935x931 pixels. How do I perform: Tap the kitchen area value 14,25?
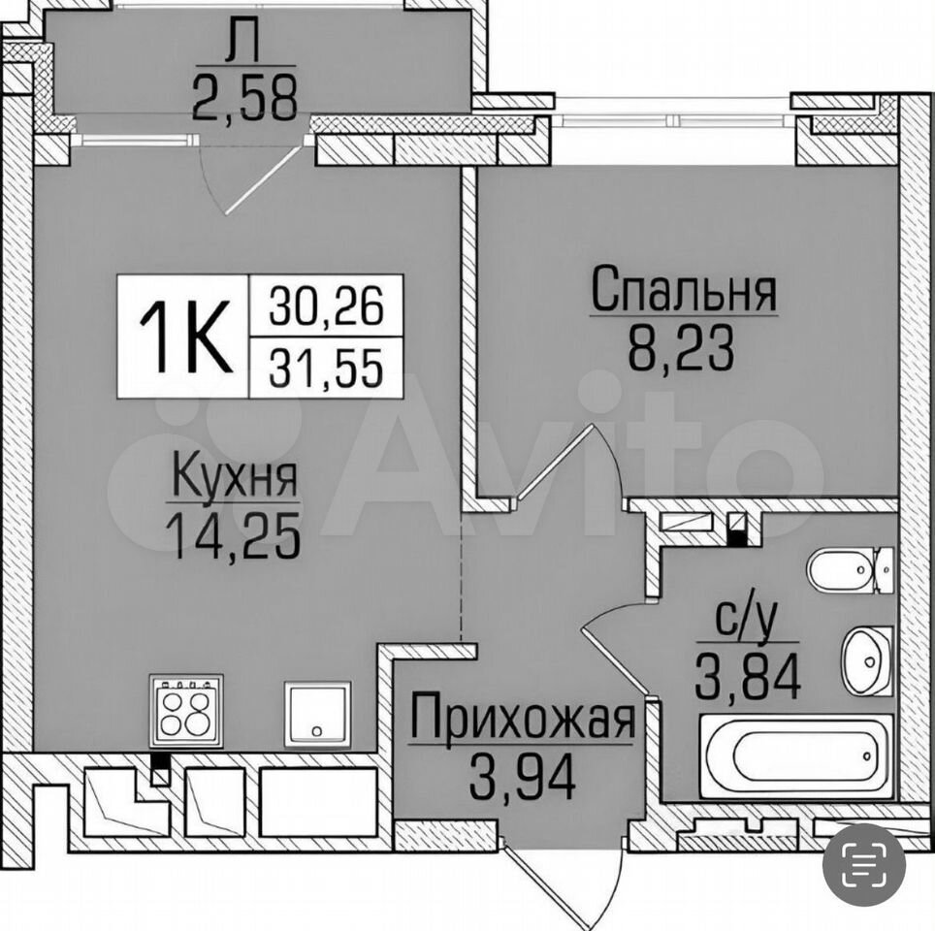(x=234, y=536)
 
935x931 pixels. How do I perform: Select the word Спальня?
(x=684, y=289)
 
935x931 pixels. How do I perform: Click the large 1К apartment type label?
(x=185, y=337)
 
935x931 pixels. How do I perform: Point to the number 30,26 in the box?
(x=326, y=305)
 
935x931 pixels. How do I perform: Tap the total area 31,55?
(x=326, y=367)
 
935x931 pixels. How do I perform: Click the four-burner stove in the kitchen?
(x=186, y=711)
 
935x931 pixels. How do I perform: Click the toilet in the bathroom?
(x=850, y=570)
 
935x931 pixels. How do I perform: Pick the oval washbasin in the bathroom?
(x=867, y=660)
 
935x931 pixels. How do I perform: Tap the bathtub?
(x=796, y=756)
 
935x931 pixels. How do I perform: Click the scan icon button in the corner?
(x=863, y=864)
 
